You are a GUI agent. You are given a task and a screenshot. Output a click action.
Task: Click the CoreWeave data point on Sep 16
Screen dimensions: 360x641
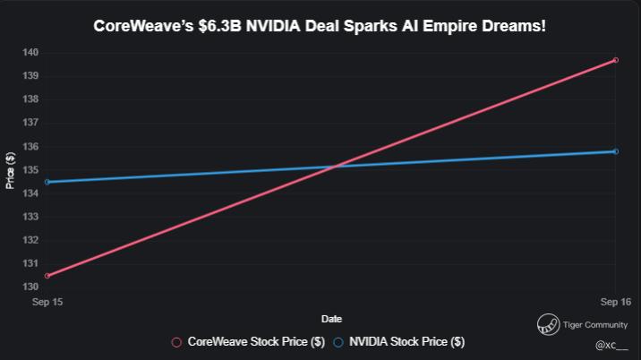[x=616, y=60]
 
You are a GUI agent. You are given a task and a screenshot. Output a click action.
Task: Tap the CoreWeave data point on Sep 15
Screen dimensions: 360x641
[x=47, y=276]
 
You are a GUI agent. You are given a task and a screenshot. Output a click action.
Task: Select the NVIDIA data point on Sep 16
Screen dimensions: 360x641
[x=616, y=151]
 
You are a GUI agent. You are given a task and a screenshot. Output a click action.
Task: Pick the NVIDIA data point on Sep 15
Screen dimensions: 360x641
[x=47, y=182]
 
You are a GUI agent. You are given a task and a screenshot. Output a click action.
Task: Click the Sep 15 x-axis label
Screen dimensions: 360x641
[x=47, y=303]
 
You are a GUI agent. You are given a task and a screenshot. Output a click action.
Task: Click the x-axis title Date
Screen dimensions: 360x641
[x=331, y=319]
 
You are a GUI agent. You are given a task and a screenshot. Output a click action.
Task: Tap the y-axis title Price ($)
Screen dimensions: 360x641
[x=10, y=169]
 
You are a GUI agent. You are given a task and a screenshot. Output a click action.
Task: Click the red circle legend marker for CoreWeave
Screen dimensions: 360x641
[x=176, y=342]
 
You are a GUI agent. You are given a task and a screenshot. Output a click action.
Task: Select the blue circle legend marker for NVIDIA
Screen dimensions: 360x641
[x=338, y=342]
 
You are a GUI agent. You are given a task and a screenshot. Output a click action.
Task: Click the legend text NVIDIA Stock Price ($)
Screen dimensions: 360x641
[x=406, y=342]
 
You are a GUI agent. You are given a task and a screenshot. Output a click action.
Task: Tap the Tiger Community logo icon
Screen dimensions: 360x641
[x=547, y=325]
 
